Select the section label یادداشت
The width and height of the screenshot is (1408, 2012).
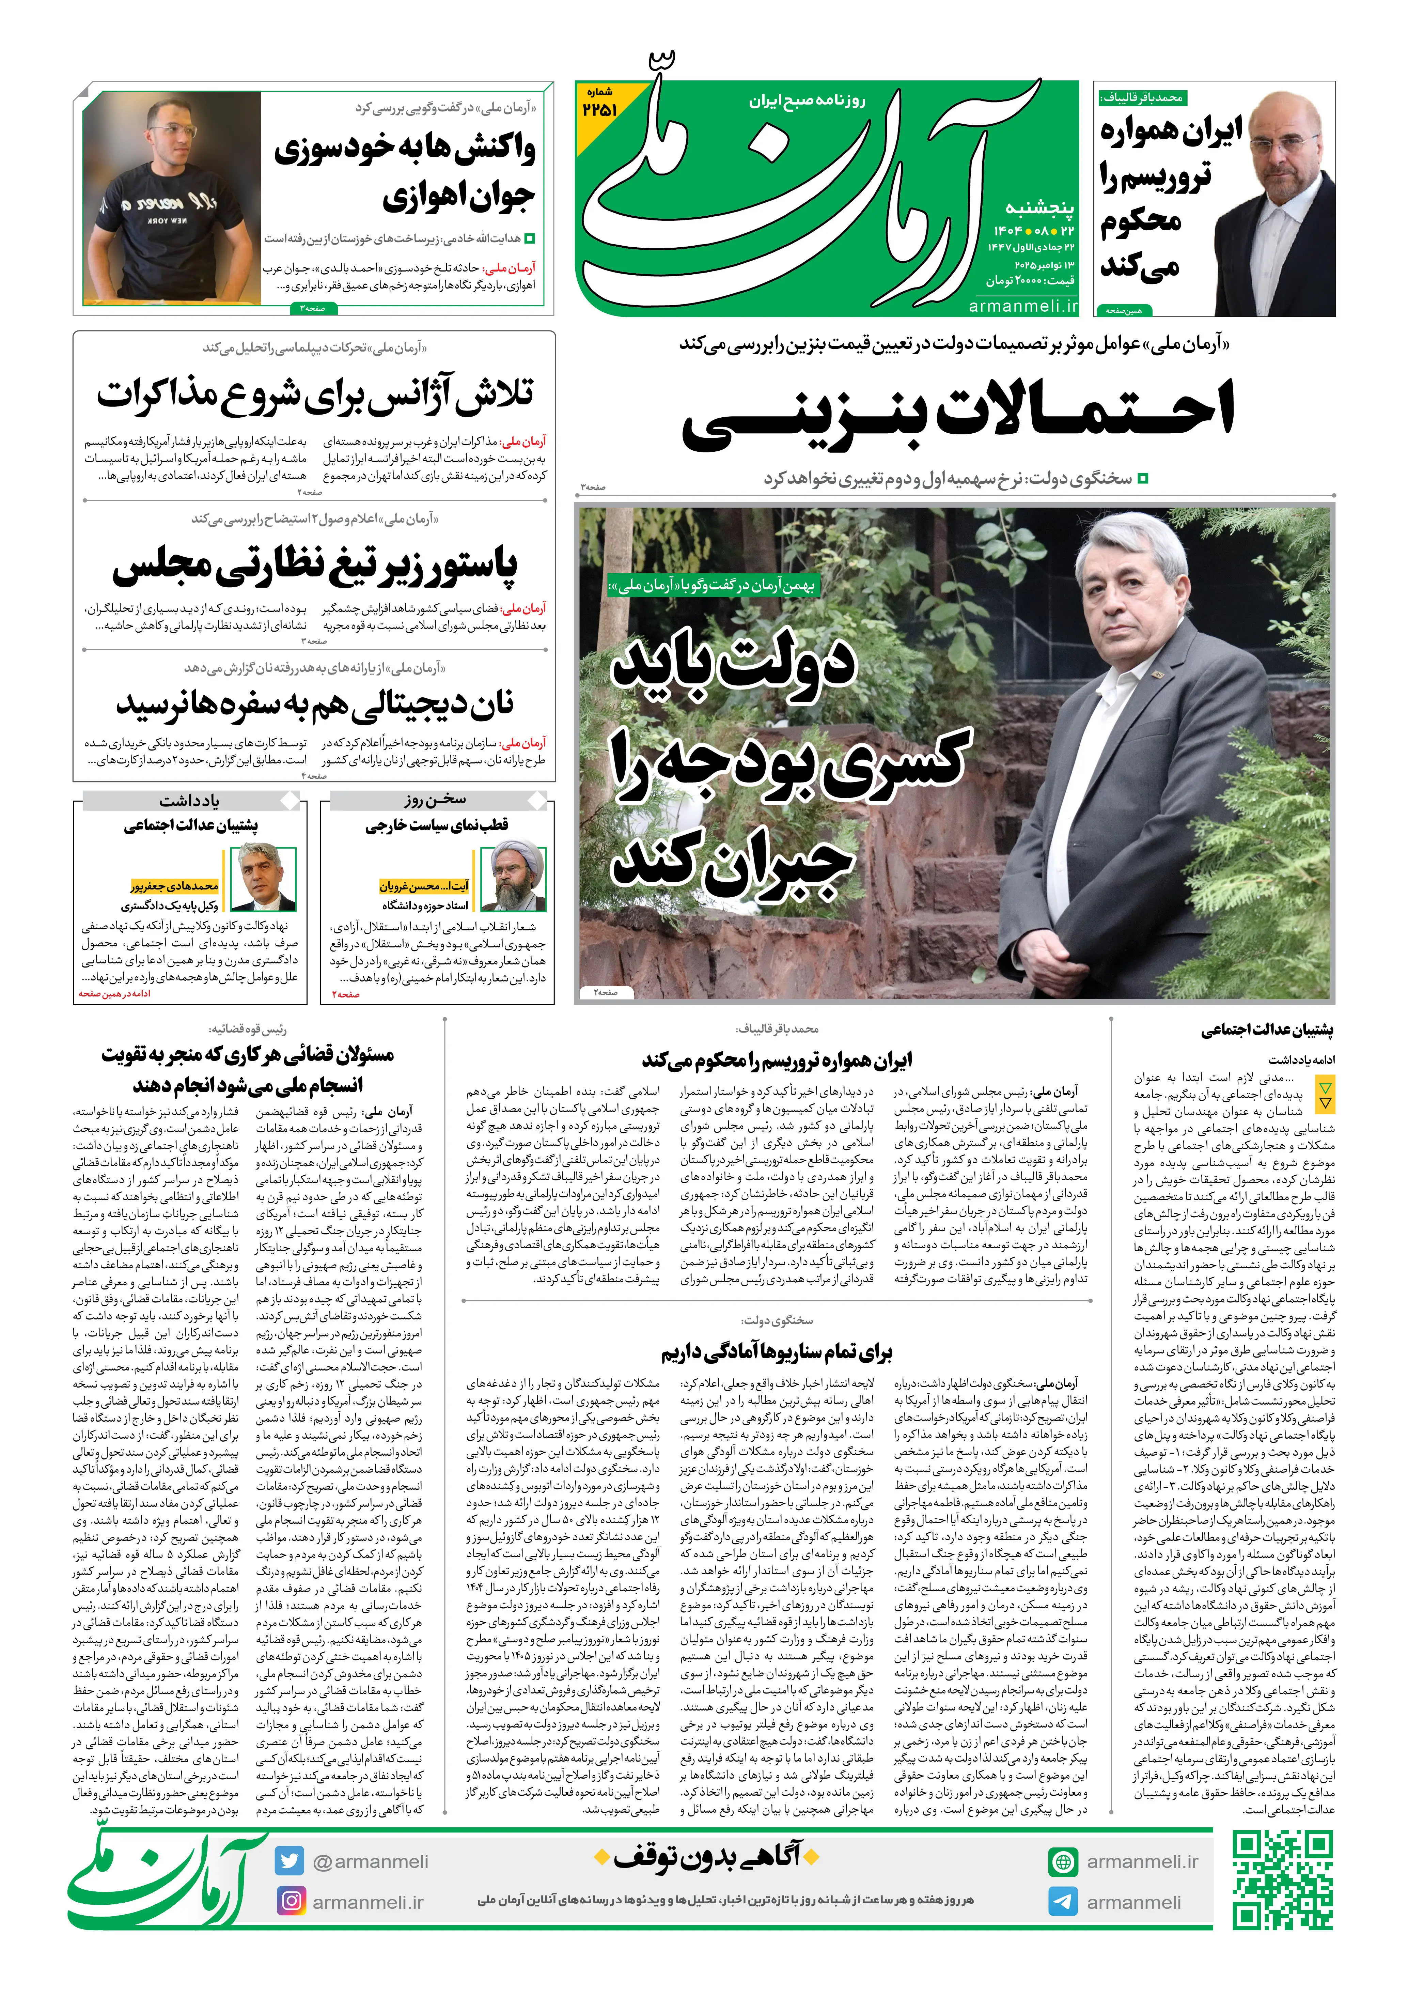click(189, 800)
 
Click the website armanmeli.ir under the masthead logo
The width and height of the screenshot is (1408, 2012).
click(1023, 306)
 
